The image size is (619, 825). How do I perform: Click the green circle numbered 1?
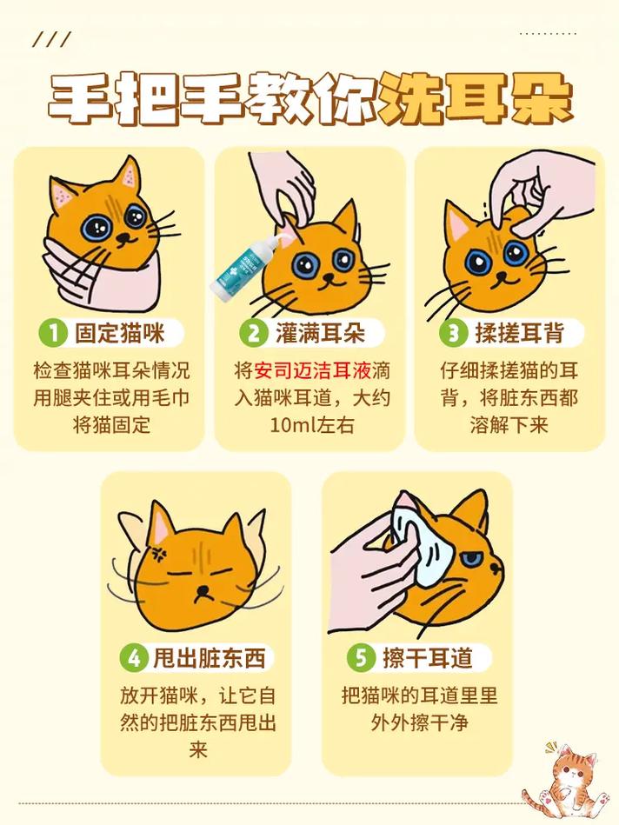53,333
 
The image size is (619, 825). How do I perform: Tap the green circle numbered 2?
253,333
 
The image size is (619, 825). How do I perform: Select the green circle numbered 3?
452,333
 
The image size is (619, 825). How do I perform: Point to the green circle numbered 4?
133,657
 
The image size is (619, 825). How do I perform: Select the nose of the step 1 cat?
128,236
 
